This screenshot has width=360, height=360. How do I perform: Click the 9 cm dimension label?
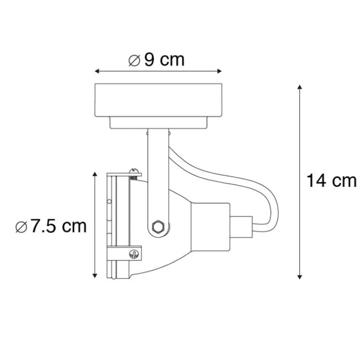pos(164,60)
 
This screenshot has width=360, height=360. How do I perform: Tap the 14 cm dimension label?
pos(331,181)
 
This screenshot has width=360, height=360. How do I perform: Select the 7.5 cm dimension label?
pos(58,226)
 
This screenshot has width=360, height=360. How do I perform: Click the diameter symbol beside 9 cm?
pos(135,61)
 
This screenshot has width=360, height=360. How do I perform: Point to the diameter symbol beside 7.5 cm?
pos(22,227)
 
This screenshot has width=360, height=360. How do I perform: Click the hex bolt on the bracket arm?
pos(158,227)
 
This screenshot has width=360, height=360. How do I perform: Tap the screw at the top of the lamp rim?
pos(134,174)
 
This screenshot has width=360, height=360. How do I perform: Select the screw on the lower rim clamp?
pos(134,254)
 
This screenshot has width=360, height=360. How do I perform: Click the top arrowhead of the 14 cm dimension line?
pos(299,87)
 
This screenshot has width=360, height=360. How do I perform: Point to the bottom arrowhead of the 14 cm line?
pos(299,277)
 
